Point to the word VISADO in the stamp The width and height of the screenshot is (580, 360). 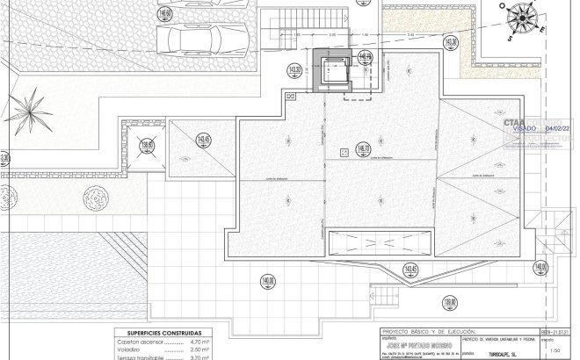click(519, 128)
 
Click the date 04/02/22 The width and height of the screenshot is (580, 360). click(558, 128)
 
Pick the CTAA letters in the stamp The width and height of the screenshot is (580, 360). click(513, 121)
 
